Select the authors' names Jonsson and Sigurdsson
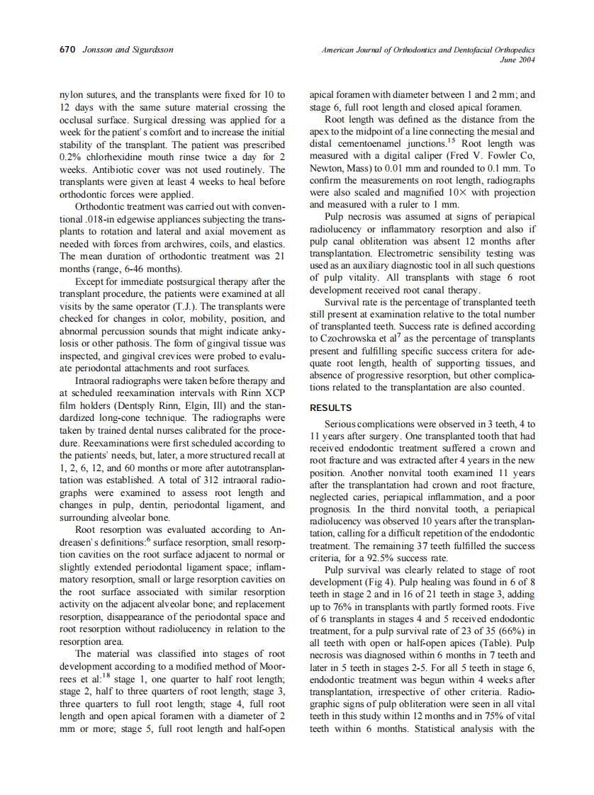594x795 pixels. point(128,50)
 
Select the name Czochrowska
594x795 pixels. point(350,338)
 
